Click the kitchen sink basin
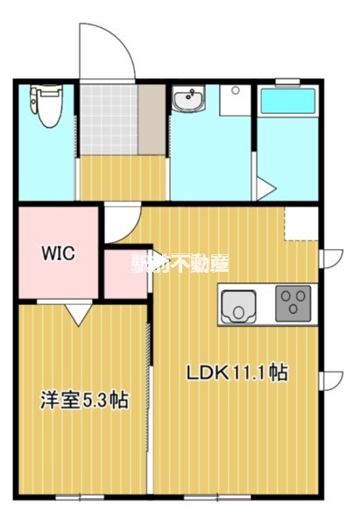[236, 305]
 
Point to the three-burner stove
[292, 303]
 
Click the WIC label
[58, 254]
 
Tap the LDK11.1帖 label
[236, 373]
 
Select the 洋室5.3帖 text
[83, 402]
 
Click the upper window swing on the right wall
[332, 258]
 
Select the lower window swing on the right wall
[332, 380]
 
